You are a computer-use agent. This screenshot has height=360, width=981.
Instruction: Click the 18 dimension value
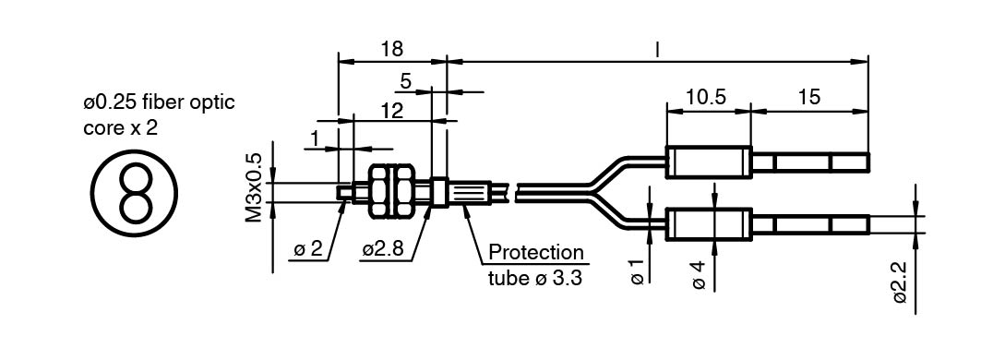(391, 50)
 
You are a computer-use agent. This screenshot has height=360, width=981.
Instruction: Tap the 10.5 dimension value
(706, 97)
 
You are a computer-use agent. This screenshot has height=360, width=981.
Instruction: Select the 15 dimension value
(808, 97)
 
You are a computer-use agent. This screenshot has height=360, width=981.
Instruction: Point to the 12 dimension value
(391, 110)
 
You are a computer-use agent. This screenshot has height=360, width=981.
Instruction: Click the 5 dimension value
(406, 81)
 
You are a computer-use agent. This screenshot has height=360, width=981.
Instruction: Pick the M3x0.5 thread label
(254, 187)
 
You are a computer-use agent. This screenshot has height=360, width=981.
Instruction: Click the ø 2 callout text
(307, 250)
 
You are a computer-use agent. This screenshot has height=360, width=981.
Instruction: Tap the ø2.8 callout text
(386, 250)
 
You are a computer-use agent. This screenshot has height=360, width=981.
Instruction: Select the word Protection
(535, 253)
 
